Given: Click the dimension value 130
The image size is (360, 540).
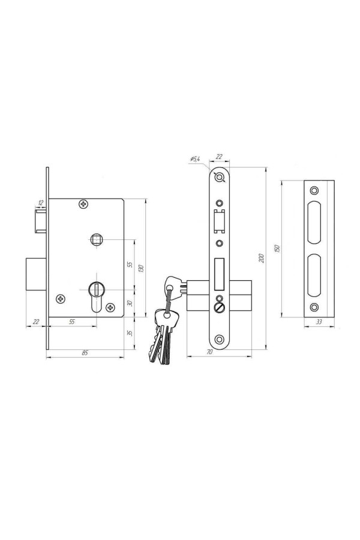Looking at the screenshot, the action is click(141, 268).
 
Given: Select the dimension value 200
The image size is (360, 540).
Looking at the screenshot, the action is click(262, 258).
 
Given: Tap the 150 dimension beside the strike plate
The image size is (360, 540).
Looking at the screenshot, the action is click(278, 248).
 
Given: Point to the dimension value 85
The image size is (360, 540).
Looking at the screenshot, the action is click(85, 352).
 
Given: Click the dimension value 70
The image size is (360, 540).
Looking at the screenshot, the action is click(210, 352).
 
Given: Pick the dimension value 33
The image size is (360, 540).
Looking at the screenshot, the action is click(319, 322).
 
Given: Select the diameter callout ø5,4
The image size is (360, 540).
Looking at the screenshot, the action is click(194, 159).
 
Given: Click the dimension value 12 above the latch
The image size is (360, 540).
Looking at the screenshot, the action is click(41, 203).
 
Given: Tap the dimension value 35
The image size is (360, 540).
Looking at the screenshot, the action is click(130, 333).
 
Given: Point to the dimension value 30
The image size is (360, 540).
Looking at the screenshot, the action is click(130, 304).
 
